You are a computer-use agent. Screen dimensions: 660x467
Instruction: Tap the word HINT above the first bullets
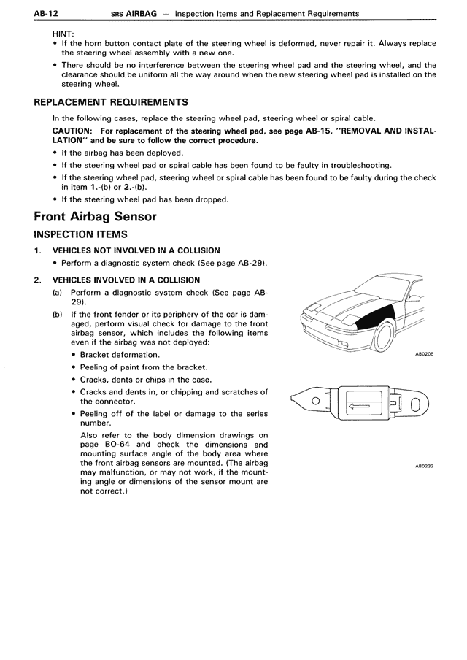click(x=63, y=34)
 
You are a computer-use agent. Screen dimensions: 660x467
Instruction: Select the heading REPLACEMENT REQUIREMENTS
click(x=111, y=102)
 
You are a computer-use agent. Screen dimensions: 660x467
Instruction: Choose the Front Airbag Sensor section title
click(x=95, y=216)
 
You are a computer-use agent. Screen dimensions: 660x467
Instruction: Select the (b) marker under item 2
click(x=57, y=315)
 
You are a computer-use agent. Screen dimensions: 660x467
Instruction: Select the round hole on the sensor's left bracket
click(x=315, y=401)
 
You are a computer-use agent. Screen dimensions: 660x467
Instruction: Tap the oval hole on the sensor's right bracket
click(x=414, y=404)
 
